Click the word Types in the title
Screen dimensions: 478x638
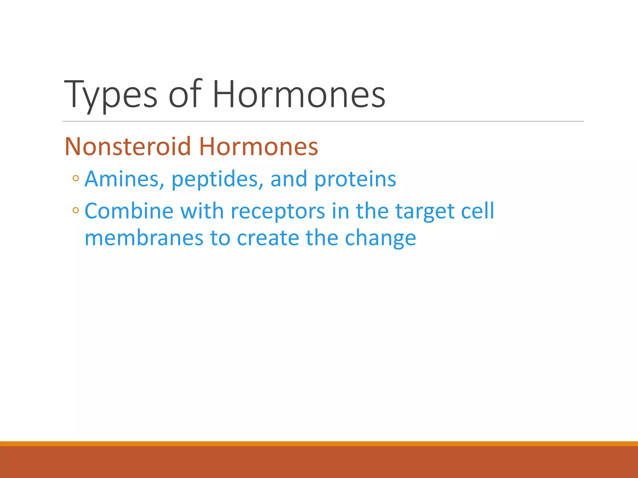click(111, 95)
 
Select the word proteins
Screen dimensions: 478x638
click(355, 180)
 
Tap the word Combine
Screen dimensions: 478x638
click(129, 211)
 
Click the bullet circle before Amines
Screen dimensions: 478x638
click(76, 179)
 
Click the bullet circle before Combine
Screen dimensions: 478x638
click(76, 210)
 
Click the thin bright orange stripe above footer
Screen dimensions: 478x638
click(319, 443)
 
